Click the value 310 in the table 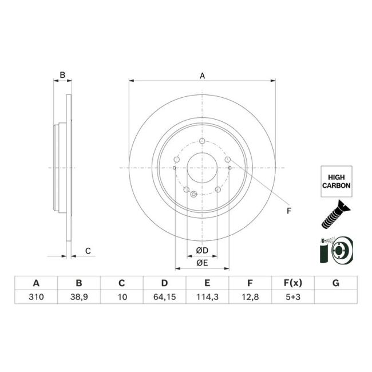(x=36, y=296)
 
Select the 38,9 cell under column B (x=79, y=296)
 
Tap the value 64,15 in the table (x=164, y=296)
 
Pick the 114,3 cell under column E (x=207, y=296)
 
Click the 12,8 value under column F (x=250, y=296)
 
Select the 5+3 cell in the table (x=292, y=296)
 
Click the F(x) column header (x=292, y=283)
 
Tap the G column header (x=335, y=283)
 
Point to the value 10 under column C (x=121, y=296)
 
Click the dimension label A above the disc (x=202, y=74)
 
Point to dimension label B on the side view (x=63, y=75)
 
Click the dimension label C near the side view (x=88, y=251)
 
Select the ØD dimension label (x=201, y=251)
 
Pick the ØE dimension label (x=201, y=263)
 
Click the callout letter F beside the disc (x=289, y=211)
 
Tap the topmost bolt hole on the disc (x=202, y=142)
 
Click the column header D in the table (x=164, y=283)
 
